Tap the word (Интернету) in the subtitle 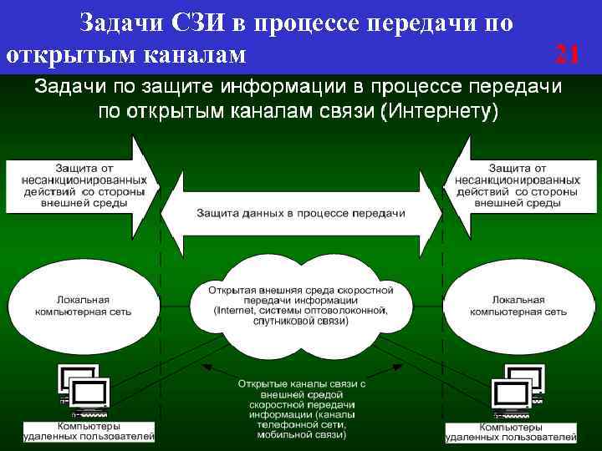(440, 112)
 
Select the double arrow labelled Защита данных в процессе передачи (301, 214)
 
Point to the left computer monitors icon (83, 389)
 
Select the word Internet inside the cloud (236, 311)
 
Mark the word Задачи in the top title (117, 23)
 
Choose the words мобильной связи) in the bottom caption (302, 435)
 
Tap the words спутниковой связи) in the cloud (301, 322)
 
